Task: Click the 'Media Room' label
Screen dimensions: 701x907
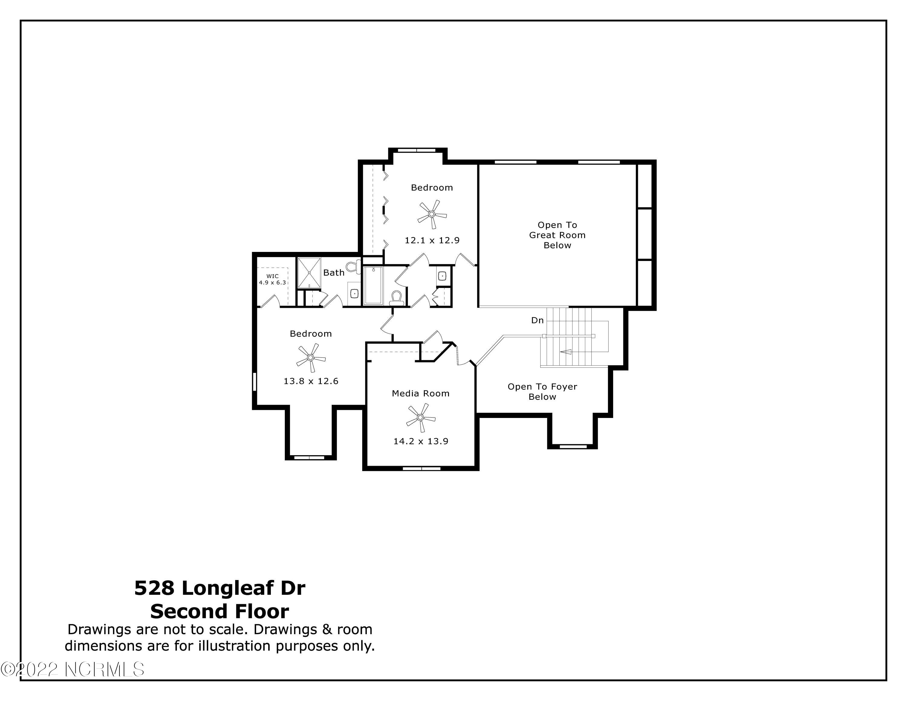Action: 420,393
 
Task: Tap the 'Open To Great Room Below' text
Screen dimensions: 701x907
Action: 557,235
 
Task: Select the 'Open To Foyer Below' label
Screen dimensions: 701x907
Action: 542,392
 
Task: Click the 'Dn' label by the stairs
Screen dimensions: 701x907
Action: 537,320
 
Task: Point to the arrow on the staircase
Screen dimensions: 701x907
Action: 566,352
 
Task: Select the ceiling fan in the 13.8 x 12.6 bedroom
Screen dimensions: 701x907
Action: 310,357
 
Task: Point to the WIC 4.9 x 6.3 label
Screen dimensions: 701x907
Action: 272,279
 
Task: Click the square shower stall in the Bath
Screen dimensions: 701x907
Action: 309,272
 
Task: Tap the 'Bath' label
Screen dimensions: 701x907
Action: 333,273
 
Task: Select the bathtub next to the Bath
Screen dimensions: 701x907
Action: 373,286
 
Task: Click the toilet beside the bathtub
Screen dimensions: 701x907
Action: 396,297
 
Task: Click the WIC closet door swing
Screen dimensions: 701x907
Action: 271,301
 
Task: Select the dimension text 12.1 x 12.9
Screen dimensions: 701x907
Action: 432,240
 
